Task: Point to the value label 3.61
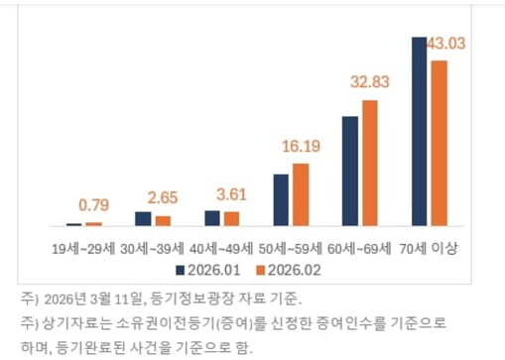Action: [x=234, y=193]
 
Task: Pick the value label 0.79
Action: [x=94, y=206]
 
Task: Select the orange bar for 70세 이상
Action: [x=439, y=144]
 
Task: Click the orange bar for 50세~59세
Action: [x=301, y=195]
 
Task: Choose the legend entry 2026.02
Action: [x=289, y=269]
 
